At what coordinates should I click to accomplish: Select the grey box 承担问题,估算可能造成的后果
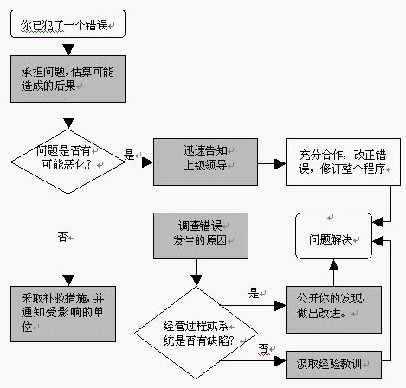(68, 80)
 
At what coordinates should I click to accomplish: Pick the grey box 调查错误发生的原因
(196, 233)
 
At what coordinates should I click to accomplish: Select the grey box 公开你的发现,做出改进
(335, 308)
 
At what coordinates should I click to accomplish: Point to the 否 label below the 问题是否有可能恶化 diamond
(63, 235)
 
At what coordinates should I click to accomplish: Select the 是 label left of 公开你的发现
(255, 293)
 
